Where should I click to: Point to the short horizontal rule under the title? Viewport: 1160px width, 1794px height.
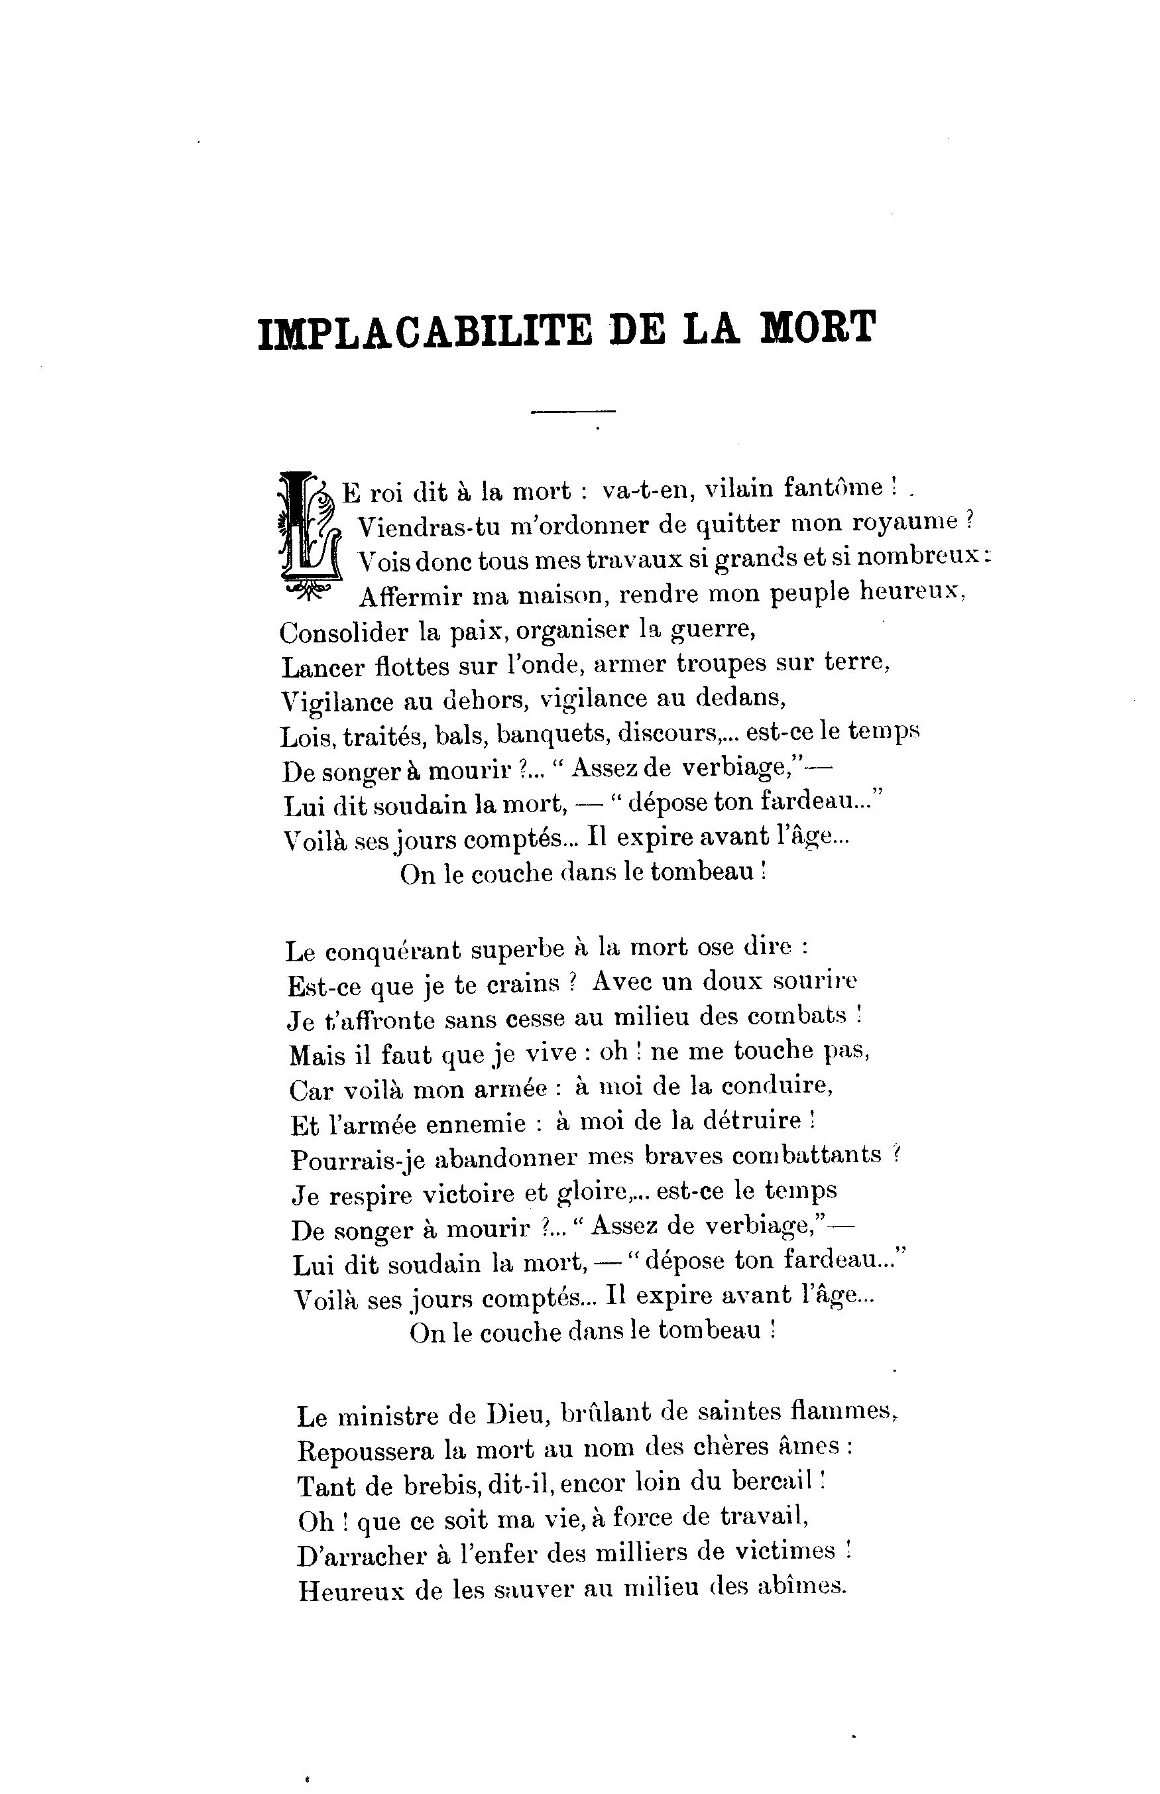click(573, 411)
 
